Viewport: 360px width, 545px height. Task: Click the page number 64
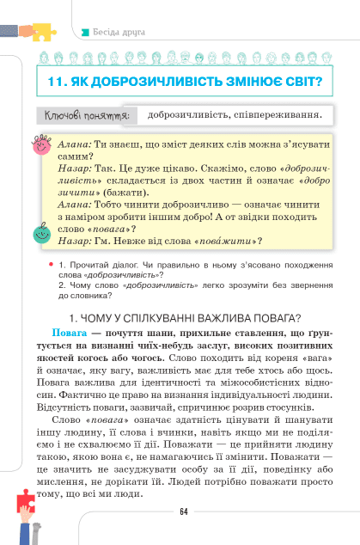(183, 512)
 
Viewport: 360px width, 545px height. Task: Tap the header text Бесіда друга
(119, 32)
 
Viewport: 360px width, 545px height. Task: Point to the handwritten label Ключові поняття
(84, 115)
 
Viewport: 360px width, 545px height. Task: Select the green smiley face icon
(40, 232)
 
